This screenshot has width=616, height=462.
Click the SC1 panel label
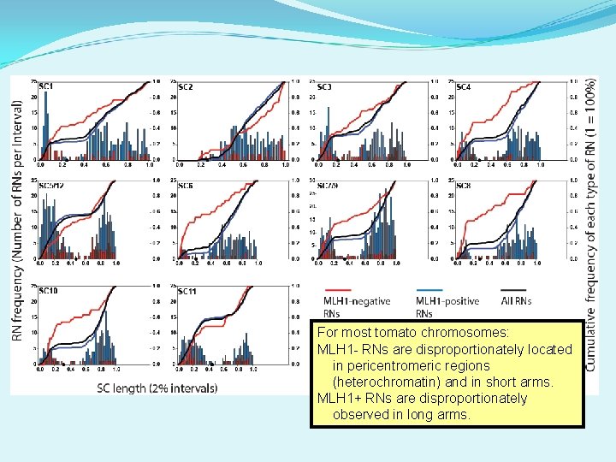point(46,87)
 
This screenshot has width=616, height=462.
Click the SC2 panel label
point(186,87)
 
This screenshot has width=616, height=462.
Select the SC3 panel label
point(324,87)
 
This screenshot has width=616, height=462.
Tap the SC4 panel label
point(463,87)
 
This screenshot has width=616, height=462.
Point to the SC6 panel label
point(186,186)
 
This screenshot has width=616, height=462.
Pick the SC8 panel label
point(464,186)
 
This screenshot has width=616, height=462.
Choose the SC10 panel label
point(48,292)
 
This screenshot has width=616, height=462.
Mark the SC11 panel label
point(187,292)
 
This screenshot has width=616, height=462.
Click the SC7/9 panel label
point(328,186)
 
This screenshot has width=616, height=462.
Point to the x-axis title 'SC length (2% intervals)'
point(157,388)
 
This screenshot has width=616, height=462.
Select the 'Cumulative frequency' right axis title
point(591,222)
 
